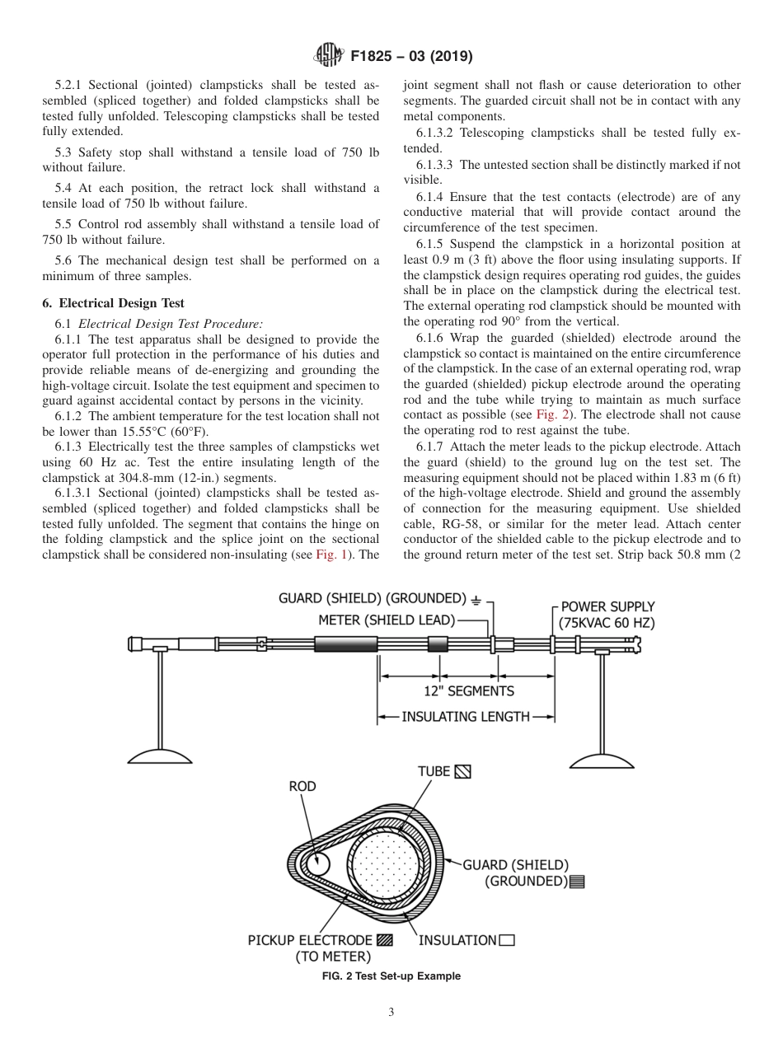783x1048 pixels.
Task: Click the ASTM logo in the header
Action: click(330, 56)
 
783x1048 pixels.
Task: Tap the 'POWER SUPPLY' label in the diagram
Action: click(608, 607)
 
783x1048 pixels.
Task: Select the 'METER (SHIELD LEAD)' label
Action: click(387, 620)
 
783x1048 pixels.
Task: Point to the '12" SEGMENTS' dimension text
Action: click(468, 691)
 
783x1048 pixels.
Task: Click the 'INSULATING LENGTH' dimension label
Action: click(466, 717)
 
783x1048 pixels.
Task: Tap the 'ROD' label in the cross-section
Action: click(302, 787)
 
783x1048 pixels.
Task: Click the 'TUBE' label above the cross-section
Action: click(434, 772)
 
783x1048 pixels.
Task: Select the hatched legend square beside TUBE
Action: click(463, 772)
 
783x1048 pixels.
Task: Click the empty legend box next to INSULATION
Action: click(507, 940)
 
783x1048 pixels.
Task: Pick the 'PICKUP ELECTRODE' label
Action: click(310, 940)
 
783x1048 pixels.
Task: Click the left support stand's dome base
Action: click(160, 754)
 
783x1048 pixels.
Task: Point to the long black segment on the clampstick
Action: click(345, 644)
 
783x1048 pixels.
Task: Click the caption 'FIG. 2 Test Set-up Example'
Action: click(391, 976)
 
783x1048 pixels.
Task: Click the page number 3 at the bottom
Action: click(391, 1013)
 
